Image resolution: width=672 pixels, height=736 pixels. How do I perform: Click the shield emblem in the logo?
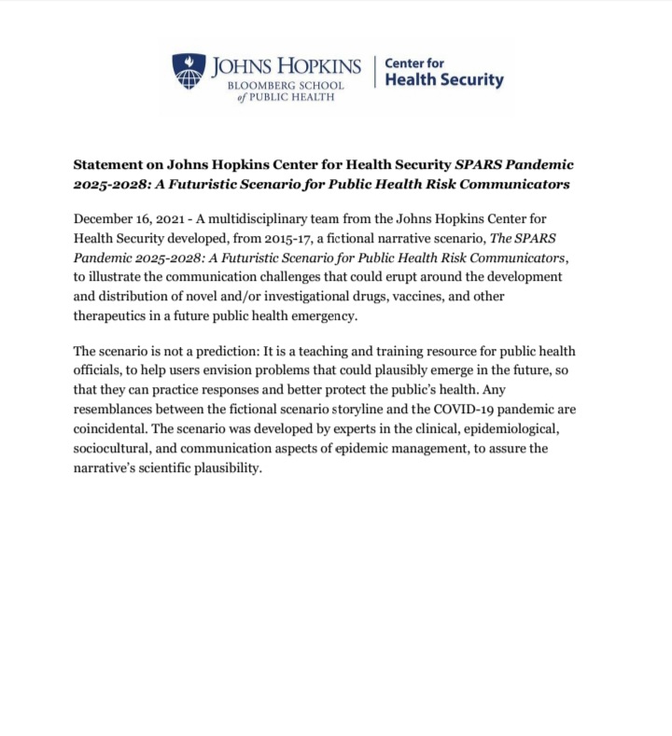(189, 71)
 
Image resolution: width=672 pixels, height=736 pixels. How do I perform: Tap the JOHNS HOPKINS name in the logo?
(286, 66)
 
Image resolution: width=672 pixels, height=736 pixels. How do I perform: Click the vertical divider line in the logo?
(374, 72)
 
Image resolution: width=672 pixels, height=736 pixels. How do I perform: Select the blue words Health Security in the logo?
(444, 80)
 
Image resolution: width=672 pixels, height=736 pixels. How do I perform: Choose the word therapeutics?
(116, 316)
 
